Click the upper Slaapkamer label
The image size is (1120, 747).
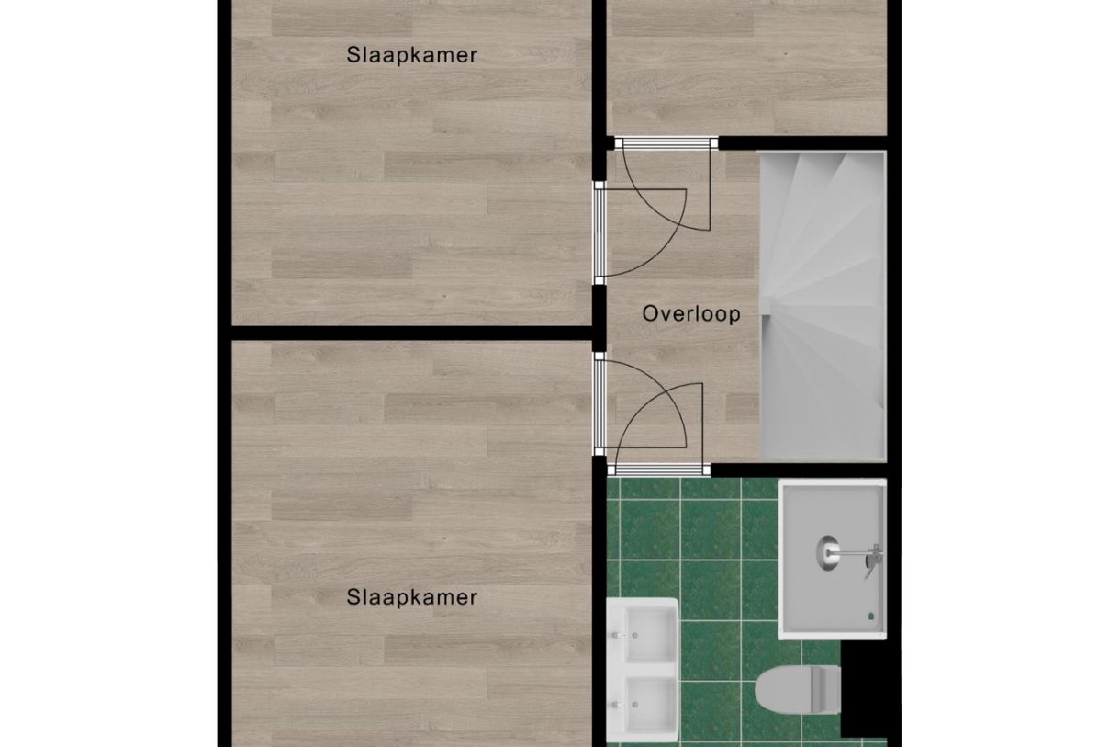click(412, 55)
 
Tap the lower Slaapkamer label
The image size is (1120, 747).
click(412, 597)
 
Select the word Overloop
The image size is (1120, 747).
click(690, 313)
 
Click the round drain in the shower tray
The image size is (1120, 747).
click(828, 551)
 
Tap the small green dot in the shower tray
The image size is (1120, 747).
click(870, 616)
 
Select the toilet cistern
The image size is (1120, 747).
click(827, 689)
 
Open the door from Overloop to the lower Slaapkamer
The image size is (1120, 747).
click(600, 404)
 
